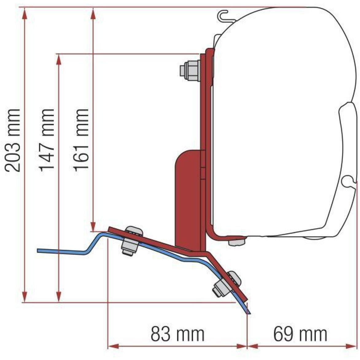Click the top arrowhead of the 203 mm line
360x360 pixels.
[25, 13]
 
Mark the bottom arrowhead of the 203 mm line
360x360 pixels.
[25, 297]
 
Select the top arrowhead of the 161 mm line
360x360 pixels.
[93, 13]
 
